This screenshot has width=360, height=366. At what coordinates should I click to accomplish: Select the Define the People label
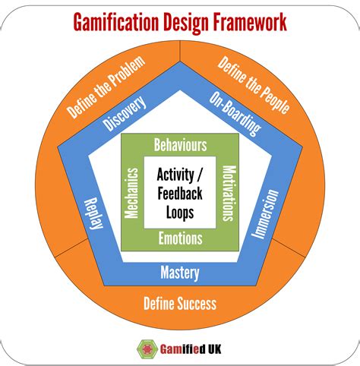click(254, 85)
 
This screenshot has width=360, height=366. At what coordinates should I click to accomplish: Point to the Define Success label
click(180, 304)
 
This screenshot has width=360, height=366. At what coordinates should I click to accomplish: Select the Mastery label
click(180, 273)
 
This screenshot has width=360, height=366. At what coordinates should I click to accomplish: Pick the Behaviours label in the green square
click(180, 144)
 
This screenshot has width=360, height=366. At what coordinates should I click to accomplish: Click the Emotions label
click(180, 238)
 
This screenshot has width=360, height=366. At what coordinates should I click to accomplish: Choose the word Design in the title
click(183, 22)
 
